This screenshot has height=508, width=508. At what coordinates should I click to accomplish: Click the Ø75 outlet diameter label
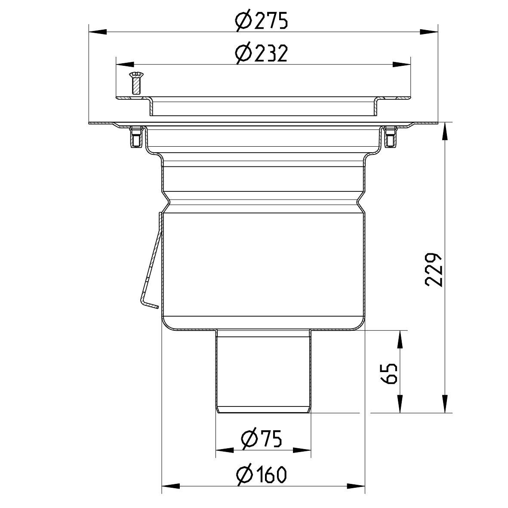262,440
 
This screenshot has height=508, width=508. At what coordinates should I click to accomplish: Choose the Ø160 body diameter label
262,475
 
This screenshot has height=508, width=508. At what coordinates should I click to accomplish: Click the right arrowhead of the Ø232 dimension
402,65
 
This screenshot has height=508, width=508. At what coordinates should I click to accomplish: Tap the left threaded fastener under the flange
135,137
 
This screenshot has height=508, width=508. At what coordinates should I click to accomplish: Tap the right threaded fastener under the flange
390,137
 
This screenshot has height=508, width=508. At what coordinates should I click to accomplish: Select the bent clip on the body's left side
149,275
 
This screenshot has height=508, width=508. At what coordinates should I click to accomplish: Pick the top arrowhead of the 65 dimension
400,340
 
